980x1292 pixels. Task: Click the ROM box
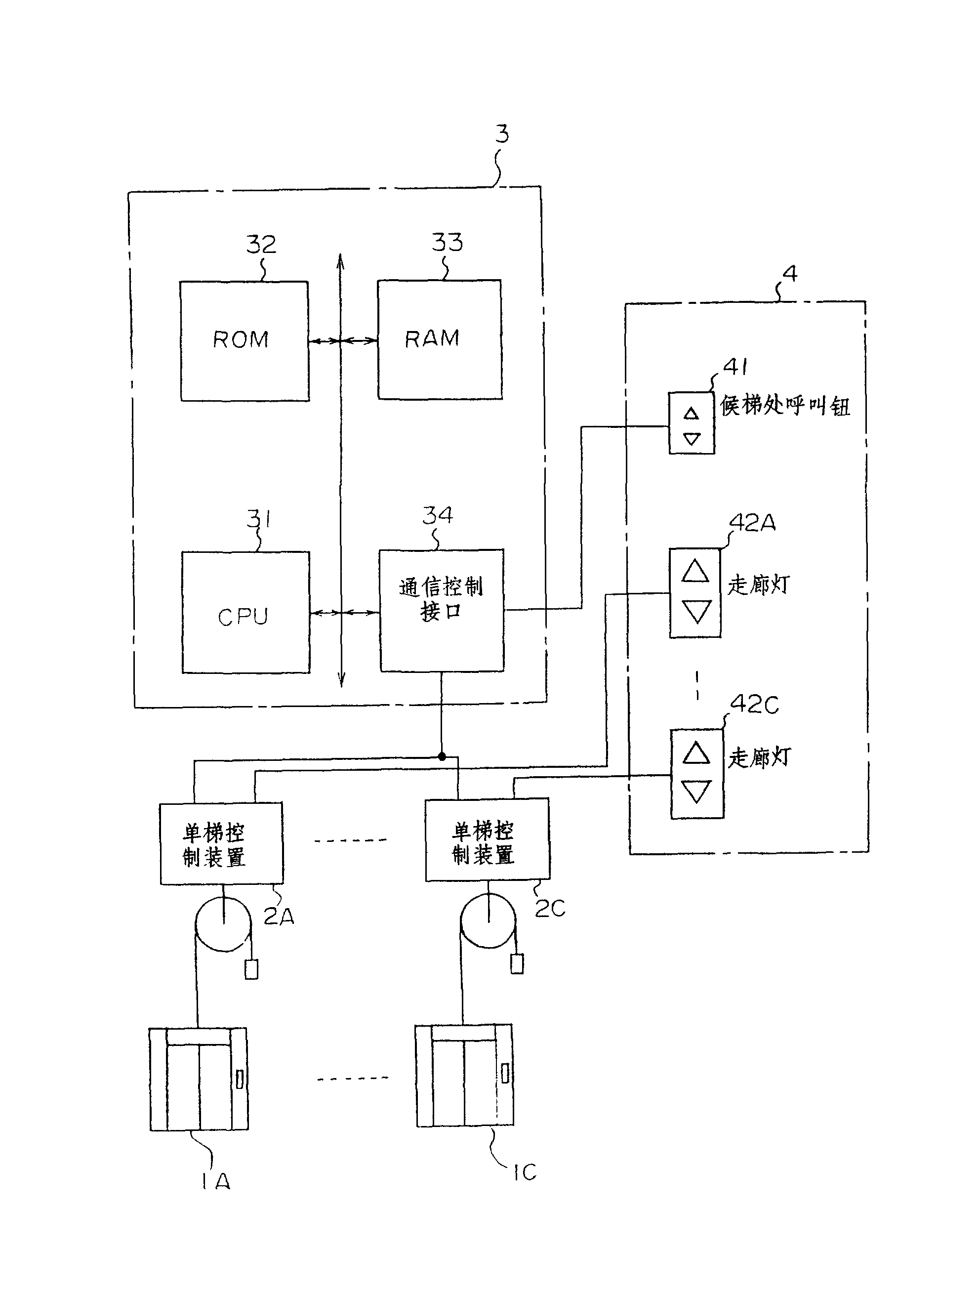pyautogui.click(x=244, y=341)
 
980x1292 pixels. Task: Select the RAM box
pyautogui.click(x=439, y=339)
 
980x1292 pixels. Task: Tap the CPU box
pyautogui.click(x=245, y=612)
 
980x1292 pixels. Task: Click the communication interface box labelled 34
pyautogui.click(x=442, y=610)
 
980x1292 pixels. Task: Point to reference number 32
pyautogui.click(x=260, y=244)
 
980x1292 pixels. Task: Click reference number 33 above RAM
pyautogui.click(x=447, y=242)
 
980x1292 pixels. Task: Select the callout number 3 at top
pyautogui.click(x=502, y=134)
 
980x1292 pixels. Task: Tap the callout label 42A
pyautogui.click(x=753, y=523)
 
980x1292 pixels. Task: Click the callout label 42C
pyautogui.click(x=755, y=705)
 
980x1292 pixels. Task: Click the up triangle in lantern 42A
pyautogui.click(x=695, y=571)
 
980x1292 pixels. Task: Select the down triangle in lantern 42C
pyautogui.click(x=696, y=792)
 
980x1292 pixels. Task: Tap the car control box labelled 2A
pyautogui.click(x=221, y=843)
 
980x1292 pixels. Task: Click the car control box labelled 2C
pyautogui.click(x=487, y=840)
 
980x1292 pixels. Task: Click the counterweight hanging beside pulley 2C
pyautogui.click(x=517, y=964)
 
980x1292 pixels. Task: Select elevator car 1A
pyautogui.click(x=199, y=1079)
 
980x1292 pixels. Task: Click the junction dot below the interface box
pyautogui.click(x=442, y=756)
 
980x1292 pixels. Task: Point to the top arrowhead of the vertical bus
pyautogui.click(x=340, y=260)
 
